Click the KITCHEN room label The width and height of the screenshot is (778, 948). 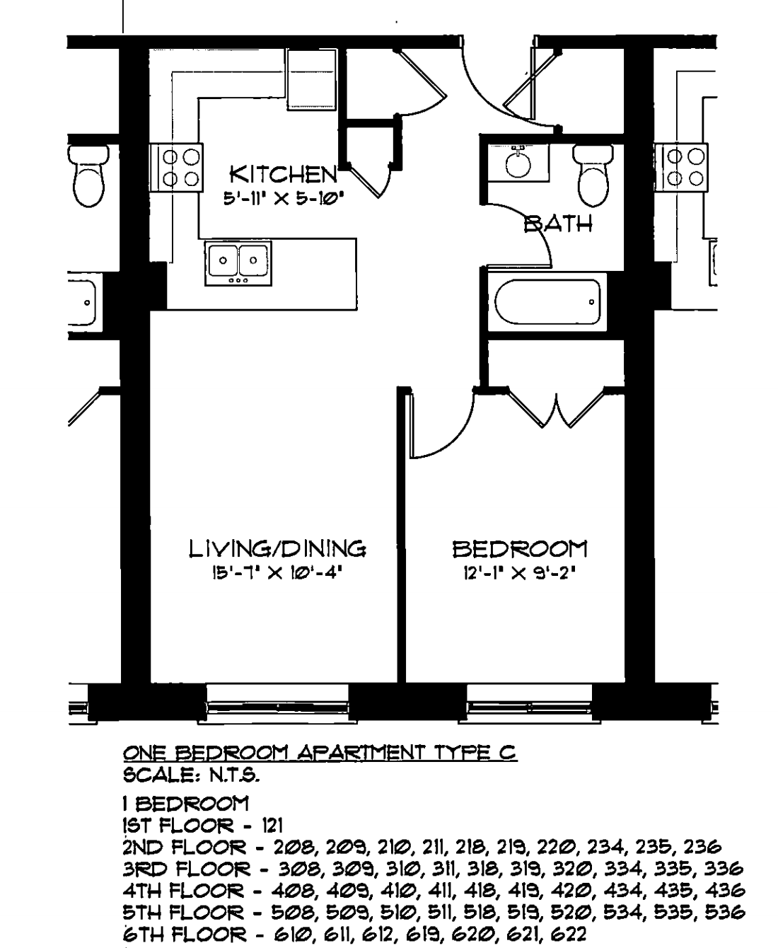click(x=283, y=175)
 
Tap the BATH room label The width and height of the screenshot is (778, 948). click(x=558, y=224)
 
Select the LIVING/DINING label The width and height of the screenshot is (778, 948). click(x=277, y=549)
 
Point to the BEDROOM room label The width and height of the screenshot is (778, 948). click(x=520, y=549)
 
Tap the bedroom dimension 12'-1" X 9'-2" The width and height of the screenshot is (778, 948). click(x=520, y=573)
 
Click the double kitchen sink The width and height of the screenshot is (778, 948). click(x=238, y=263)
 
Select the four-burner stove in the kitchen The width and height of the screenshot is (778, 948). click(x=176, y=168)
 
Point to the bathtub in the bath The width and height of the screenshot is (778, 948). click(x=547, y=302)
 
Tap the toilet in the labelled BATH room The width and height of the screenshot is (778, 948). click(x=593, y=175)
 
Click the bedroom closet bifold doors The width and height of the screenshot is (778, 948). click(x=556, y=408)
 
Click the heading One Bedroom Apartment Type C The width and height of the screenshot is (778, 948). click(x=320, y=753)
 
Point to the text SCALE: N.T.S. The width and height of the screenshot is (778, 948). click(x=192, y=775)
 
